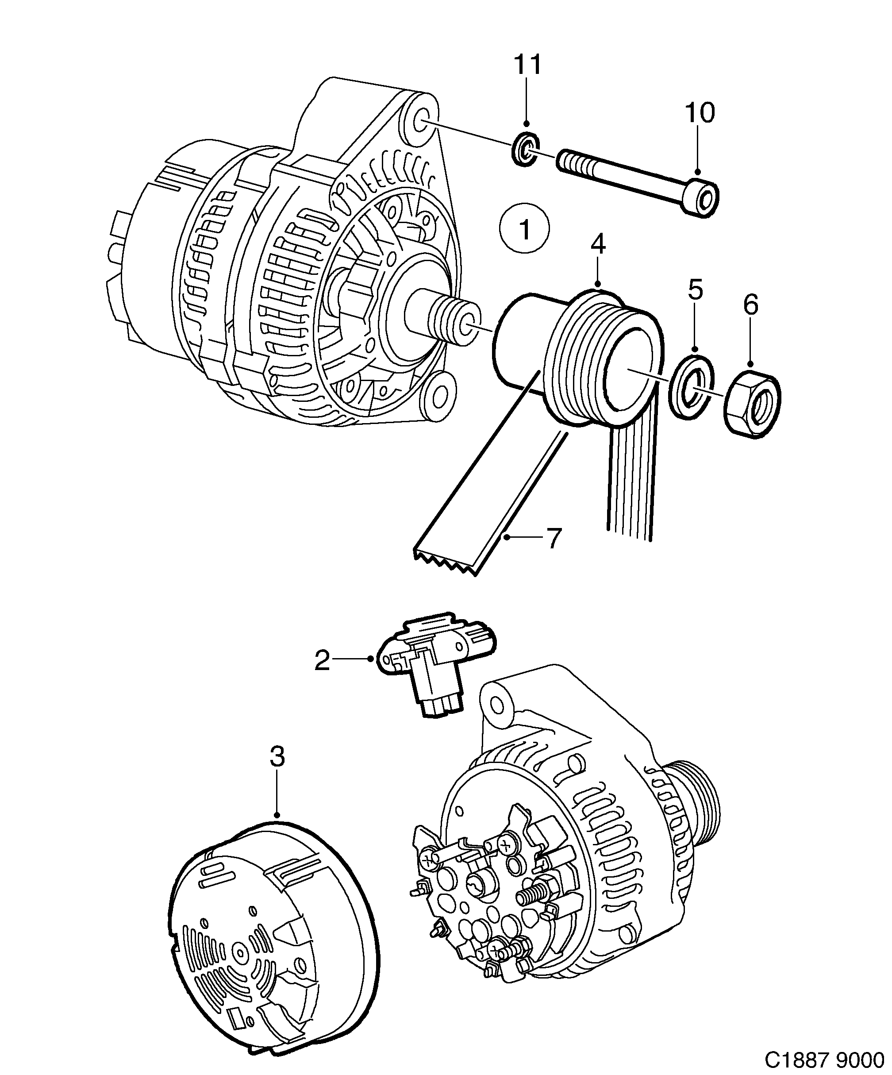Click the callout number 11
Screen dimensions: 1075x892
click(527, 65)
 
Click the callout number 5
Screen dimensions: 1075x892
click(695, 290)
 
